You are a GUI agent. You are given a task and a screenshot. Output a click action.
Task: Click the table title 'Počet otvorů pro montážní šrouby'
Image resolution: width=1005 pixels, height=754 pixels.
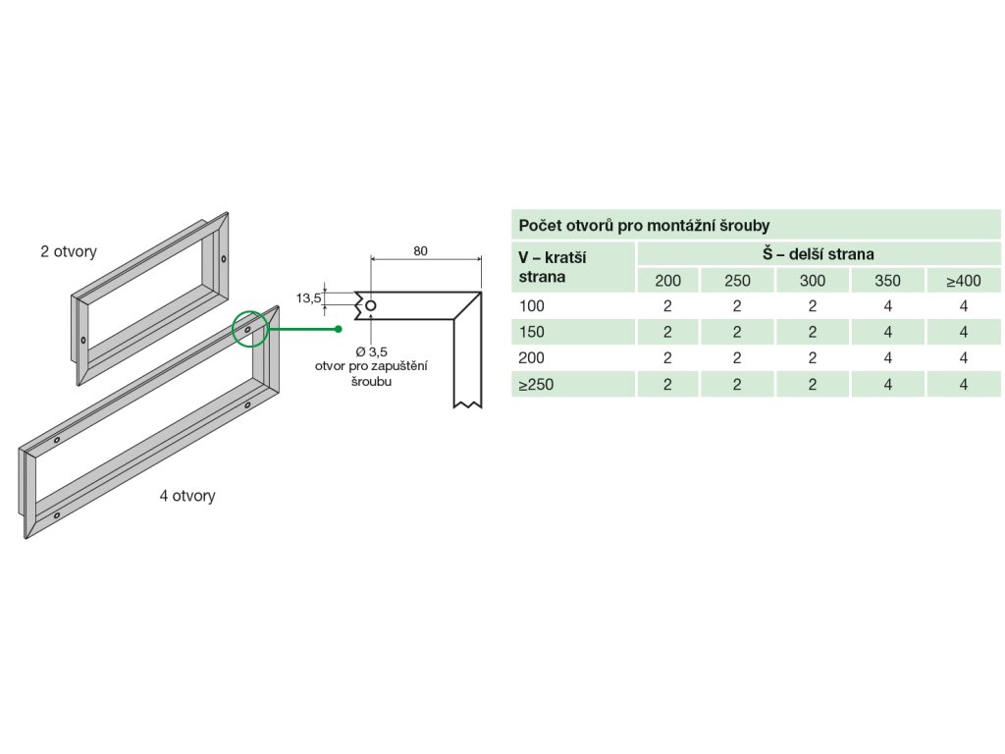tap(644, 225)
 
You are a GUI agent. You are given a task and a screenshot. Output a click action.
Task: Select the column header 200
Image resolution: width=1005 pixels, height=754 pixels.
tap(667, 281)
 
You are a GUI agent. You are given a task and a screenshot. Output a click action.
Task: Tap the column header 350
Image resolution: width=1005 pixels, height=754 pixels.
tap(887, 281)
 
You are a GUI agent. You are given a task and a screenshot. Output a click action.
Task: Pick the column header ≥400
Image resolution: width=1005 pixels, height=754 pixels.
tap(964, 281)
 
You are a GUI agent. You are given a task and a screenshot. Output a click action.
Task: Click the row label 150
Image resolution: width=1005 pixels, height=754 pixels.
tap(531, 332)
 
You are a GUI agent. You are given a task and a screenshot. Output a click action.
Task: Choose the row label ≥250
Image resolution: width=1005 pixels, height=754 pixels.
tap(536, 385)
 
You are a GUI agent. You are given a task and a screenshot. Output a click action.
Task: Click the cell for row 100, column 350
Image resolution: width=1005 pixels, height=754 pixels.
tap(887, 306)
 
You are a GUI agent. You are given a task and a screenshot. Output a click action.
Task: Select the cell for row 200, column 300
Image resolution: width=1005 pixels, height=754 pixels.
tap(813, 358)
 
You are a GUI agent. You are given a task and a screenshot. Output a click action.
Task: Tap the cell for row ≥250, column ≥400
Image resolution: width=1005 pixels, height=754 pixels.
tap(964, 385)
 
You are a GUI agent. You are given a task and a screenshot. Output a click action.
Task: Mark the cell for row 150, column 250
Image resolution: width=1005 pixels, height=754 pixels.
tap(737, 332)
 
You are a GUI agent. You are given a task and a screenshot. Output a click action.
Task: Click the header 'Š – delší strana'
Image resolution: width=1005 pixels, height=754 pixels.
tap(819, 254)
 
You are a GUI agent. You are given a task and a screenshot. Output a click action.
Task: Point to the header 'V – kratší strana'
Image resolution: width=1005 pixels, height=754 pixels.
tap(552, 267)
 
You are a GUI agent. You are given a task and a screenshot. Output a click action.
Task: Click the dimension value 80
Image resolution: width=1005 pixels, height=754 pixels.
tap(420, 251)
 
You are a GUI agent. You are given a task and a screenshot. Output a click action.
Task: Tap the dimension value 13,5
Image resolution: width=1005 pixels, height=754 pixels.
tap(310, 298)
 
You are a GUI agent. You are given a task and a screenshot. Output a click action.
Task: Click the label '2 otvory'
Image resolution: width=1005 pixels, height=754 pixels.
tap(69, 251)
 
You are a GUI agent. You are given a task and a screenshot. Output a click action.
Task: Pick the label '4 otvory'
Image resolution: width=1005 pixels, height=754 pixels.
tap(187, 496)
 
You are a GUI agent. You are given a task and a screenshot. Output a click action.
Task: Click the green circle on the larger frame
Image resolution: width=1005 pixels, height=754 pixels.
tap(249, 329)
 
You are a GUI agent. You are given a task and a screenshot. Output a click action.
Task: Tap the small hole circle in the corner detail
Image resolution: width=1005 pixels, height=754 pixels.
tap(370, 306)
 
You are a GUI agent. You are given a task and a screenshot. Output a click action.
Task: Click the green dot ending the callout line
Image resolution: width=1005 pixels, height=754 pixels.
tap(338, 328)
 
